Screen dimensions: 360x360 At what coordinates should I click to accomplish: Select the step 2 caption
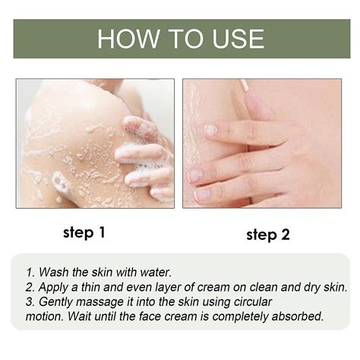click(267, 235)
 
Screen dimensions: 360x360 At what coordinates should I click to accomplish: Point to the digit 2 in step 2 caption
click(285, 235)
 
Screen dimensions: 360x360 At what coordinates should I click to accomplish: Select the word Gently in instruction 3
click(58, 302)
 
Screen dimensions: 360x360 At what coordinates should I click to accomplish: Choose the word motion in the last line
click(45, 317)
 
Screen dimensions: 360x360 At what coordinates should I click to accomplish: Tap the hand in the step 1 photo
click(144, 148)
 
